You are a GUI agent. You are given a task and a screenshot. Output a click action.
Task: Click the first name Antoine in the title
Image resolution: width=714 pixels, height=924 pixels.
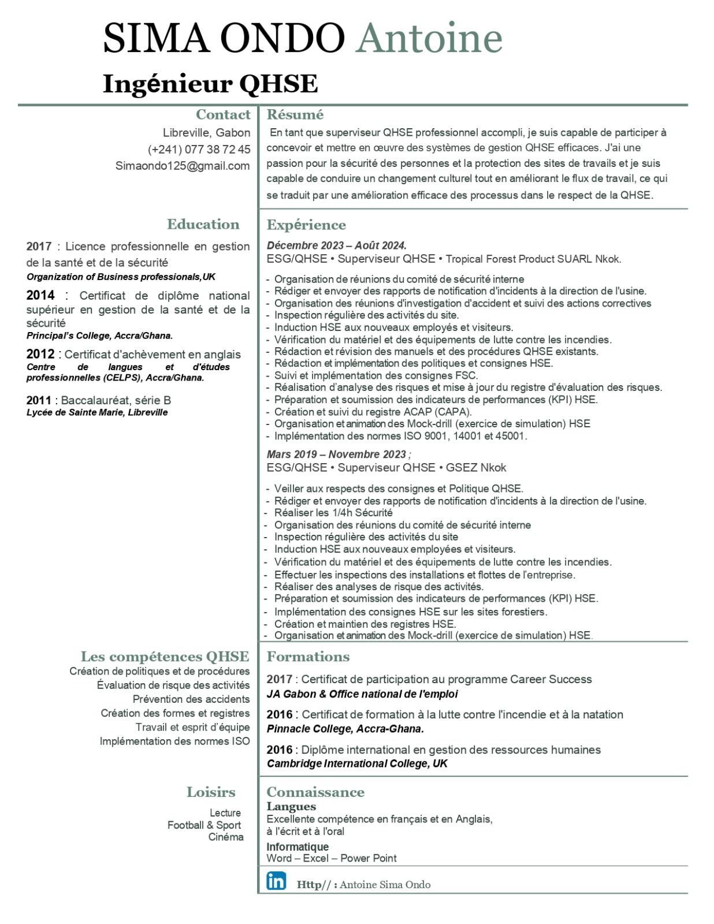click(x=430, y=38)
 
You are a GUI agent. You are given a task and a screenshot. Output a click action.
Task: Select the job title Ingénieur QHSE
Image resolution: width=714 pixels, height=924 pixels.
click(x=210, y=84)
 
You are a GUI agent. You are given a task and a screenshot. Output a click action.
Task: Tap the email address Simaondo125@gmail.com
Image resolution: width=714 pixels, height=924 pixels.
click(x=183, y=166)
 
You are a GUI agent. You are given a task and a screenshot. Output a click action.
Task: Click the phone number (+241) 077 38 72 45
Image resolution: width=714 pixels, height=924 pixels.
click(x=199, y=150)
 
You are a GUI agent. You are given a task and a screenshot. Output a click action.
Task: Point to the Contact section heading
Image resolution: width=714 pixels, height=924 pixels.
click(x=223, y=114)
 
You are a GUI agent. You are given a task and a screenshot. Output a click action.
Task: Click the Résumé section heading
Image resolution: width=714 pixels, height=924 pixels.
click(x=295, y=114)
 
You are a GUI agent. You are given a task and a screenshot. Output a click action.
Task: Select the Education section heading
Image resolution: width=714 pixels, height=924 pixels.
click(x=203, y=224)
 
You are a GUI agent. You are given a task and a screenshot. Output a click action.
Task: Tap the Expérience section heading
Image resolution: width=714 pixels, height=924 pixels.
click(x=306, y=225)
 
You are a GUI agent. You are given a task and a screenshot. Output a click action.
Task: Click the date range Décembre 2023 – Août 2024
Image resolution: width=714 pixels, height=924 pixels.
click(x=336, y=245)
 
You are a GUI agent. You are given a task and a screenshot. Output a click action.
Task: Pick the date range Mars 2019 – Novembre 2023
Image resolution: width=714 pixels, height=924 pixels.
click(x=337, y=454)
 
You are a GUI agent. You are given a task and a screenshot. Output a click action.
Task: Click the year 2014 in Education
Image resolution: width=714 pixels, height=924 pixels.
click(x=40, y=295)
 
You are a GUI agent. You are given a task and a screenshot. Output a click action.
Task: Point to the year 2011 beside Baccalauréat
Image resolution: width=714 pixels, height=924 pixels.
click(x=39, y=400)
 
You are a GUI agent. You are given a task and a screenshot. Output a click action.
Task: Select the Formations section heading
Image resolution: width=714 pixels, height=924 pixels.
click(x=308, y=657)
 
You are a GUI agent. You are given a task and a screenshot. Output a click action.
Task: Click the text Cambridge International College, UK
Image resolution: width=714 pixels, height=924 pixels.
click(x=357, y=763)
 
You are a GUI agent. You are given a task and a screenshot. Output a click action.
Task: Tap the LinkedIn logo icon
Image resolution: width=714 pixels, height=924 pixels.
click(x=276, y=881)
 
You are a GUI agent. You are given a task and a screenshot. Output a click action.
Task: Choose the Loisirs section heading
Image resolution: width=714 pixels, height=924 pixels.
click(x=211, y=792)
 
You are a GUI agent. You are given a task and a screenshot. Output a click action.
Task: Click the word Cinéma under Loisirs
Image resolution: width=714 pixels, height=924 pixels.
click(x=226, y=837)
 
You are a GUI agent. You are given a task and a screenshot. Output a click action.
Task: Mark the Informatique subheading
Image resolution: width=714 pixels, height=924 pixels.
click(x=297, y=847)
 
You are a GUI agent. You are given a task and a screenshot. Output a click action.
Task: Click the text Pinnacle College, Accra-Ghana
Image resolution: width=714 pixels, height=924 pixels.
click(x=345, y=729)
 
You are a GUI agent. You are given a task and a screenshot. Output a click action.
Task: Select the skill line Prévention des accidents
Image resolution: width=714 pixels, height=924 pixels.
click(x=191, y=699)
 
